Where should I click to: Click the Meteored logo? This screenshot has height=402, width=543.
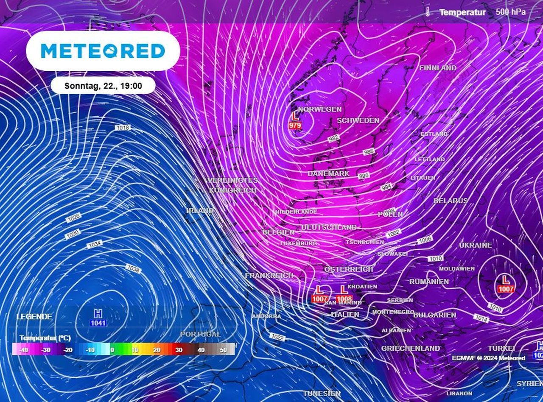coord(103,51)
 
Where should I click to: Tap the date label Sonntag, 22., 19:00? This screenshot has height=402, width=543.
coord(103,86)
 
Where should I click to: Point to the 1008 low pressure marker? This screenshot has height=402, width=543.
coord(344,294)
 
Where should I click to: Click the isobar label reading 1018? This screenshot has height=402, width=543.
coord(122,128)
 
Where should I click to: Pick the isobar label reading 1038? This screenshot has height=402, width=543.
coord(133,268)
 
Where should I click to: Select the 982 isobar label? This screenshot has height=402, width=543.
coord(334,138)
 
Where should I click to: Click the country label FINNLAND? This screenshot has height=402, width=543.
coord(438,68)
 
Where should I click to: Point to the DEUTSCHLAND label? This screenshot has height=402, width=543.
coord(329,227)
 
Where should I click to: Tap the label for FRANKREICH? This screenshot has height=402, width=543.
coord(269,275)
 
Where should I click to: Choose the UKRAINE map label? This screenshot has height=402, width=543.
coord(476,245)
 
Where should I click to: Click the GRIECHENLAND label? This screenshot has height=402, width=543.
coord(410,348)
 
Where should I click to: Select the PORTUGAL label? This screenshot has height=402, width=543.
coord(201,334)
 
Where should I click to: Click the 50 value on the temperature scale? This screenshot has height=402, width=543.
coord(223,350)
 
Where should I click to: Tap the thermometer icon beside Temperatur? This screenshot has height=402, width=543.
coord(428,12)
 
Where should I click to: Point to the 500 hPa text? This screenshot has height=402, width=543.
coord(510,12)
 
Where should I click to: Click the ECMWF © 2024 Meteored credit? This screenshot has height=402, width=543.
coord(488,358)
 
